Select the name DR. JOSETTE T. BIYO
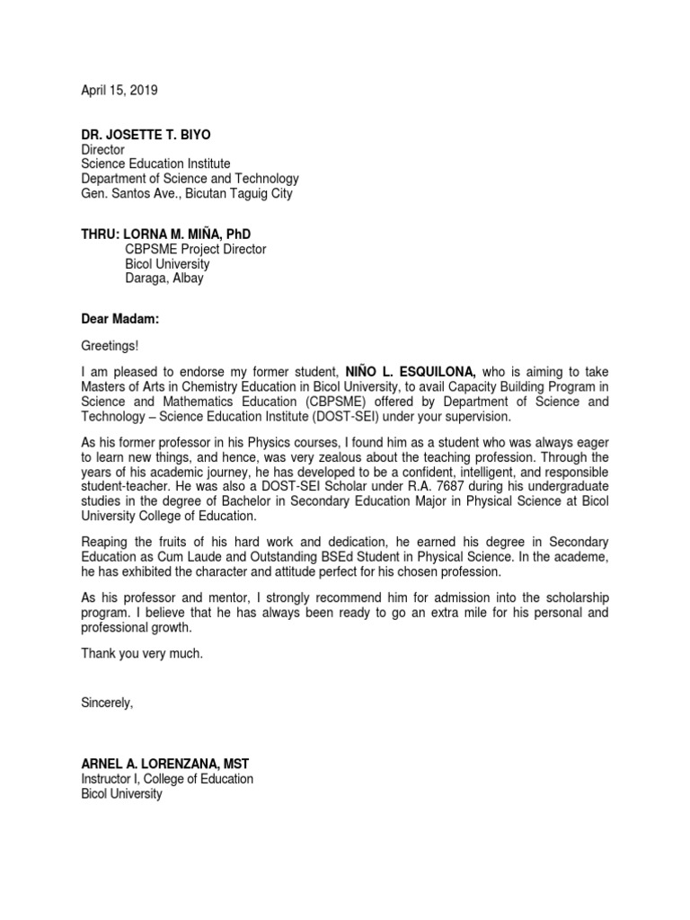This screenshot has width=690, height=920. coord(146,135)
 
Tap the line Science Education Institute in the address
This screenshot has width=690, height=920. coord(155,164)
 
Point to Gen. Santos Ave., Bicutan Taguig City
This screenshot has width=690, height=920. coord(186,193)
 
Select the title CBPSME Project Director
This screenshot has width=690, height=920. coord(196,250)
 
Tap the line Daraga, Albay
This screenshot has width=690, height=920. coord(164,279)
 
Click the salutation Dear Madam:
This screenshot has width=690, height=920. coord(120,317)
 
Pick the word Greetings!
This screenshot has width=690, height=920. coord(111,346)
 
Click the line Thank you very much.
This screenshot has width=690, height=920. coord(142,653)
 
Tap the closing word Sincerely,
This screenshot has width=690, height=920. coord(107,703)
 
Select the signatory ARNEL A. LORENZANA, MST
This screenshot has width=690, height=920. coord(165,764)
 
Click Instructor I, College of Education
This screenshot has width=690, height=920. coord(167,779)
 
